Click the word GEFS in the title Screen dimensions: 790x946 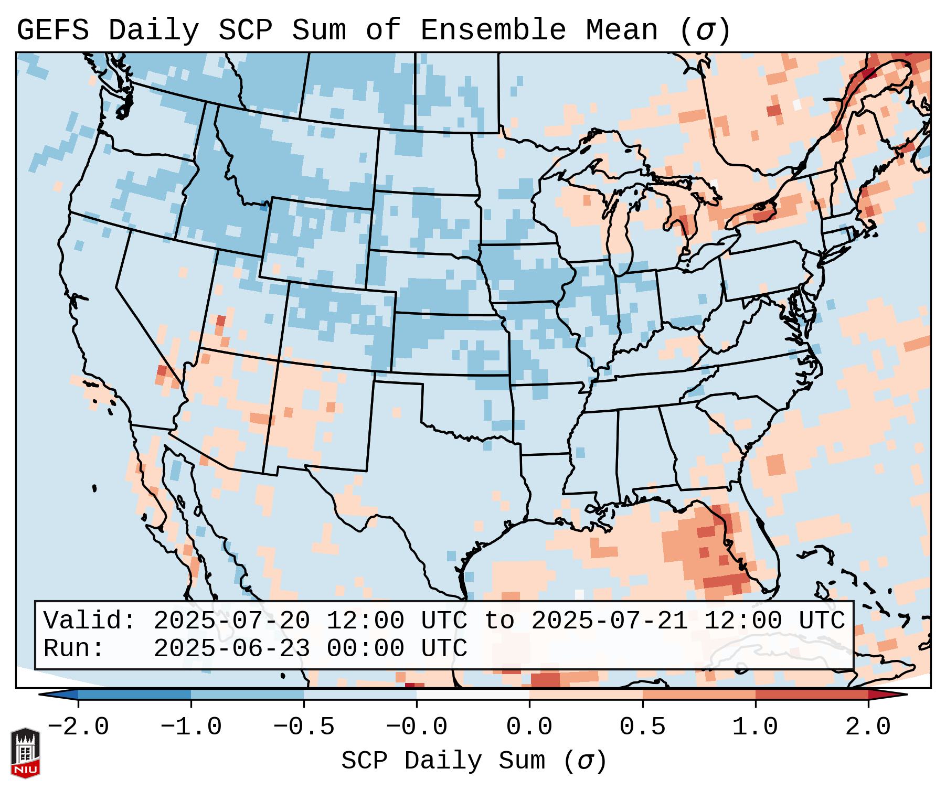pos(52,30)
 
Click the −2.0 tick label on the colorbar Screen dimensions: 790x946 pos(78,727)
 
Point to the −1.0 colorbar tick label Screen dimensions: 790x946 pos(191,727)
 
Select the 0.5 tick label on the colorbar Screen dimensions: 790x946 pos(643,727)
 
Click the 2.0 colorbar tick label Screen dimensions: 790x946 pos(868,727)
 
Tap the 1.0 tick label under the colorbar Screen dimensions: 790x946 pos(756,727)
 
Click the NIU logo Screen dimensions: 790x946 pos(25,753)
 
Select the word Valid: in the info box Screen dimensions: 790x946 pos(90,621)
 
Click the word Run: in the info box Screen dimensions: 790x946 pos(74,648)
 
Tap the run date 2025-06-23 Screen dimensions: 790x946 pos(231,648)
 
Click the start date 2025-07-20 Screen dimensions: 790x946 pos(231,621)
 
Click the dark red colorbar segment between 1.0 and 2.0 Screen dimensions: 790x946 pos(812,695)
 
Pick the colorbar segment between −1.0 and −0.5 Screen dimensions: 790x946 pos(247,695)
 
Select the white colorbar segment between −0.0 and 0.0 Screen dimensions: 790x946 pos(473,695)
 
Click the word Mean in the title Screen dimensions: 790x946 pos(622,30)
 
